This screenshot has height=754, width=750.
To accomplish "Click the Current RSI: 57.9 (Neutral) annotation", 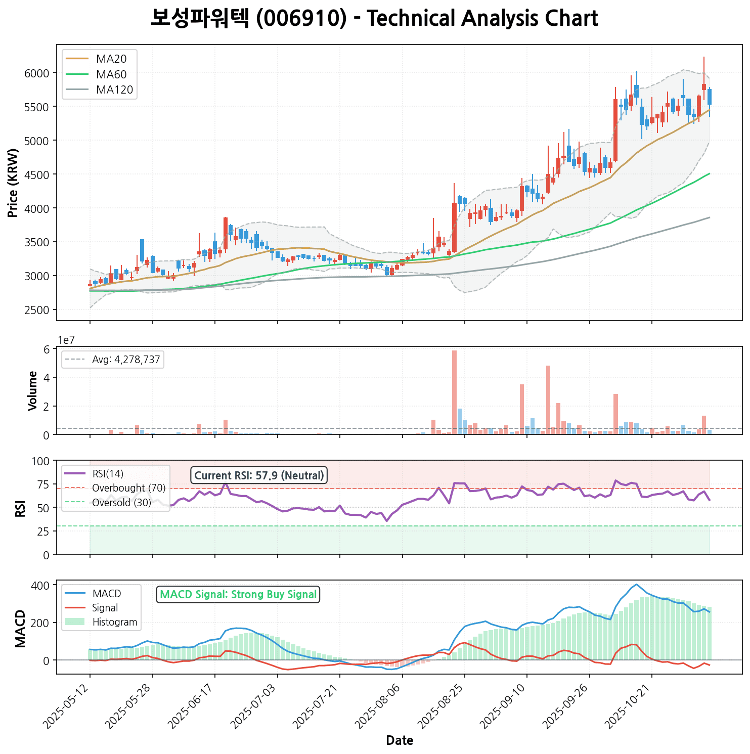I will pyautogui.click(x=259, y=475).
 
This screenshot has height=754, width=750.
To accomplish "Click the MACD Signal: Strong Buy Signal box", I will pyautogui.click(x=238, y=595).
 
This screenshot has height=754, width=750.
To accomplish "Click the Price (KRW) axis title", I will pyautogui.click(x=14, y=183).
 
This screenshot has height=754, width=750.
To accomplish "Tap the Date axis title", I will pyautogui.click(x=400, y=741).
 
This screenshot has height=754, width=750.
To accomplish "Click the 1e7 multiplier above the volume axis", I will pyautogui.click(x=66, y=340).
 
